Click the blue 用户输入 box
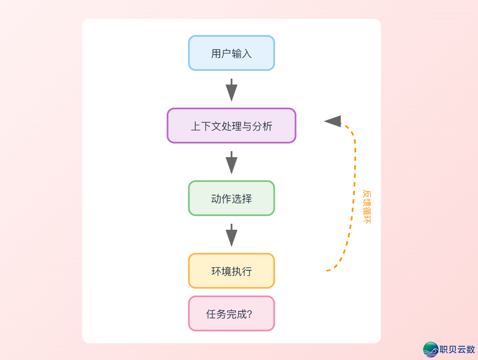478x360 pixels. point(231,53)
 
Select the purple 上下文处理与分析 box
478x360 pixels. point(231,126)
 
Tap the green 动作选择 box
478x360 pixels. point(231,198)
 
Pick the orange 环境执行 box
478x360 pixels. point(231,271)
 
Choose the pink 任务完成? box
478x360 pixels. point(231,313)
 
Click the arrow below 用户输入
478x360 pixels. point(231,90)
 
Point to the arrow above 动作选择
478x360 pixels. point(231,162)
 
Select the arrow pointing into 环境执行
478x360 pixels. point(231,235)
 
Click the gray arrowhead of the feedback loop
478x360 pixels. point(333,121)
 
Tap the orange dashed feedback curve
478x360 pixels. point(354,192)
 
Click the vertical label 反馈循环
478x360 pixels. point(367,207)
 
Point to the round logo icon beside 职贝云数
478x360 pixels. point(431,349)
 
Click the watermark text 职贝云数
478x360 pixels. point(458,349)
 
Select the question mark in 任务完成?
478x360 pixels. point(250,314)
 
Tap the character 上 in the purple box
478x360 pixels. point(195,126)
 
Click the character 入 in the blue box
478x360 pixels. point(247,54)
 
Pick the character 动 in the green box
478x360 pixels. point(216,199)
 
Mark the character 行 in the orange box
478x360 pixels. point(247,272)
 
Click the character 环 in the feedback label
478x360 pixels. point(367,220)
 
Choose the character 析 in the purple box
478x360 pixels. point(267,126)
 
